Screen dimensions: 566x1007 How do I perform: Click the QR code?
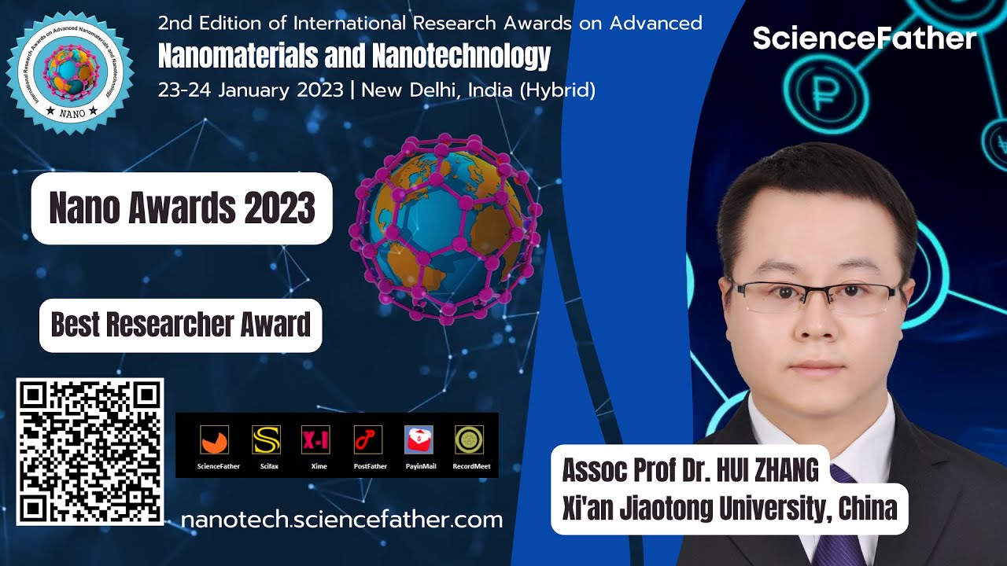pyautogui.click(x=90, y=451)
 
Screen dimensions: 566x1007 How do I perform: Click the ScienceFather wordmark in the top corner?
pyautogui.click(x=864, y=39)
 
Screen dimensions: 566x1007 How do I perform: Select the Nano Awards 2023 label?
pyautogui.click(x=182, y=208)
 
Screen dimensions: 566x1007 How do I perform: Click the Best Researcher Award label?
pyautogui.click(x=181, y=325)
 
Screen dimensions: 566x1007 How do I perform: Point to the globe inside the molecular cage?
pyautogui.click(x=445, y=229)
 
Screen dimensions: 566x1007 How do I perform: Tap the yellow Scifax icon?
pyautogui.click(x=266, y=439)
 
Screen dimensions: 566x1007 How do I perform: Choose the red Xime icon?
pyautogui.click(x=315, y=439)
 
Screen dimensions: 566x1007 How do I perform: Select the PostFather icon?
pyautogui.click(x=367, y=439)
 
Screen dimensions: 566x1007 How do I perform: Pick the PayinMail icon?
pyautogui.click(x=419, y=439)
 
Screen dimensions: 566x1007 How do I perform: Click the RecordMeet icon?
pyautogui.click(x=470, y=439)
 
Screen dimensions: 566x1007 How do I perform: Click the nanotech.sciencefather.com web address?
pyautogui.click(x=341, y=520)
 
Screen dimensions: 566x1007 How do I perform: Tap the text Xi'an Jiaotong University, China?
pyautogui.click(x=729, y=509)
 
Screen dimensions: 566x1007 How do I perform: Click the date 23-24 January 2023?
pyautogui.click(x=251, y=90)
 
